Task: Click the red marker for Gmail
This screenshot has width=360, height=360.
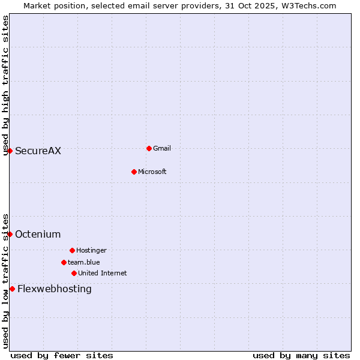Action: (x=149, y=148)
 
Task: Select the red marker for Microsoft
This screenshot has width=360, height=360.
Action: (x=134, y=172)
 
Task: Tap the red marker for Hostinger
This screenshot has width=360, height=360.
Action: (x=72, y=250)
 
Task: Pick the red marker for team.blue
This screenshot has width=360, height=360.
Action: (x=64, y=262)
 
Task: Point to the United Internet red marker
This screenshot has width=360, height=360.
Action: (x=74, y=273)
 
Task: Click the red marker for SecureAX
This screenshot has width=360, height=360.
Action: (x=10, y=151)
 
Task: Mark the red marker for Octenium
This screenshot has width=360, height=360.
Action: (x=10, y=234)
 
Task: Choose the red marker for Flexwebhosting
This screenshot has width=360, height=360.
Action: (x=12, y=289)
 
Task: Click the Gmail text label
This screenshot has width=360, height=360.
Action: (x=162, y=148)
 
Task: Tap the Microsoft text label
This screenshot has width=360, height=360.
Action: (x=152, y=172)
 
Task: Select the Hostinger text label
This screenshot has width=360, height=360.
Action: (x=91, y=250)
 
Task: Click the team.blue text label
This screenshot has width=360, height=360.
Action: (x=84, y=262)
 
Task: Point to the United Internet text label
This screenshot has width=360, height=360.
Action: (x=103, y=273)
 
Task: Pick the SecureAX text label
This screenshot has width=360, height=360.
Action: (x=38, y=151)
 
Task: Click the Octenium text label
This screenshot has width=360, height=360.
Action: (x=38, y=234)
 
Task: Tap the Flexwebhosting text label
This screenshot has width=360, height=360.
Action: (x=55, y=289)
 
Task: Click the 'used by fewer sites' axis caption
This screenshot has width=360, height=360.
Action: (x=62, y=355)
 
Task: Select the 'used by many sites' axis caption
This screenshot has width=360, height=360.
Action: (x=301, y=355)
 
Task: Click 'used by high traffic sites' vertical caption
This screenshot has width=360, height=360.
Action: (x=5, y=85)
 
